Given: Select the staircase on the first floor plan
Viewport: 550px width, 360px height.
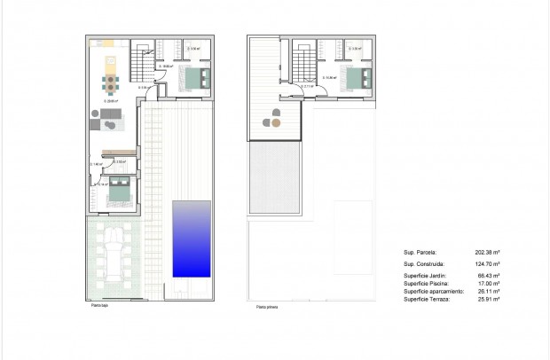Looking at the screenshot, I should pyautogui.click(x=304, y=63).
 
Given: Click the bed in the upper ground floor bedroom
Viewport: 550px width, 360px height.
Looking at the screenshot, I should pyautogui.click(x=195, y=78).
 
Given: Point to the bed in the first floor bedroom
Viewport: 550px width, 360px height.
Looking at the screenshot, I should pyautogui.click(x=357, y=78).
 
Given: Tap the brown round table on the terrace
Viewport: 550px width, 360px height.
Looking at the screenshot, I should pyautogui.click(x=276, y=124).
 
